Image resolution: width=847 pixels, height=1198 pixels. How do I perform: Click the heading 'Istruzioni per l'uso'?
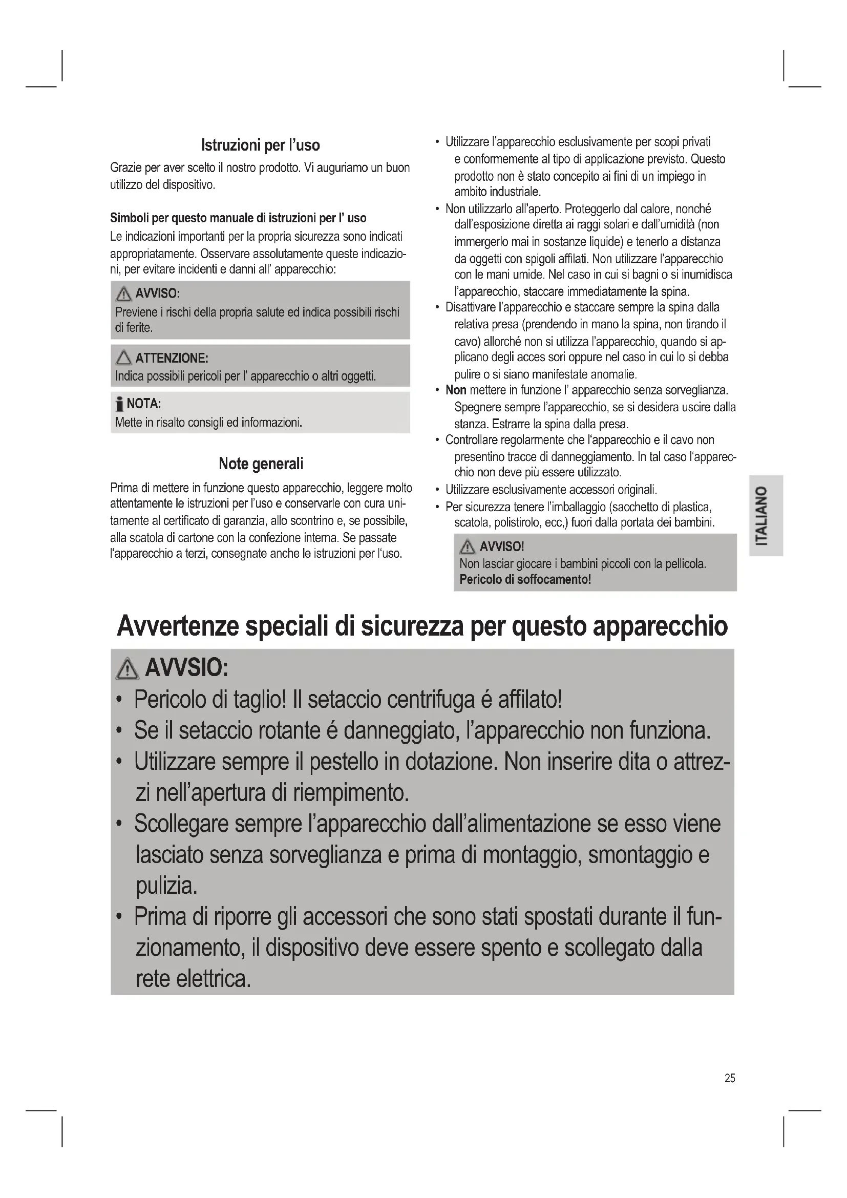click(260, 145)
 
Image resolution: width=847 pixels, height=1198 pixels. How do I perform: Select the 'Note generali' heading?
click(261, 464)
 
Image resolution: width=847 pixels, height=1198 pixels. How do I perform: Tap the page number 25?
click(730, 1078)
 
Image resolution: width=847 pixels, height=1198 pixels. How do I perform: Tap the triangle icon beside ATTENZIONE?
click(123, 358)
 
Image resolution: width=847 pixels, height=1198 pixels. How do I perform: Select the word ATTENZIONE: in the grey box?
click(172, 359)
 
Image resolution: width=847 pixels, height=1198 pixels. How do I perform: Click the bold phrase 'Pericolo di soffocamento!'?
click(525, 579)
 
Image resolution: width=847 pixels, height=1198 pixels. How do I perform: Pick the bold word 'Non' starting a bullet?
click(455, 390)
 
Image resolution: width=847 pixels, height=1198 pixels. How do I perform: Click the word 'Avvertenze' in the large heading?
click(177, 626)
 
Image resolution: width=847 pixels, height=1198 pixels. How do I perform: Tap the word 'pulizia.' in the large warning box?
click(166, 886)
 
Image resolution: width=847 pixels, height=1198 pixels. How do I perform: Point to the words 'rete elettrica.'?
click(193, 978)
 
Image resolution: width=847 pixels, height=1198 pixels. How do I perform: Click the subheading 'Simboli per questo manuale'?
click(238, 218)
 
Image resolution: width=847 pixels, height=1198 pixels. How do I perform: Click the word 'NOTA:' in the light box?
click(144, 404)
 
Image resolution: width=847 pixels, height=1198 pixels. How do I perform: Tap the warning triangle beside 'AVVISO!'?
click(467, 547)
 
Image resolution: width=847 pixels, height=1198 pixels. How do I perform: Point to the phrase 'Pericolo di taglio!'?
click(209, 700)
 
